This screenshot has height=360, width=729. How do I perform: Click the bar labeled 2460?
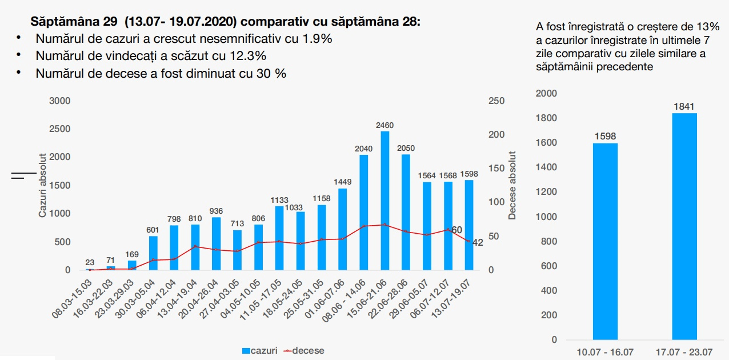click(384, 201)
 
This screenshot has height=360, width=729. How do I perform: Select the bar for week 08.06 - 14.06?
click(363, 212)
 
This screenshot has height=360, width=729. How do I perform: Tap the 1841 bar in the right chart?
click(684, 226)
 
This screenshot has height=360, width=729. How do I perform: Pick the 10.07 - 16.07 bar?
click(606, 241)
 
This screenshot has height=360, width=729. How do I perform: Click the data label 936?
click(216, 211)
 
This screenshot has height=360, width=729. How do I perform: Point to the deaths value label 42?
click(478, 242)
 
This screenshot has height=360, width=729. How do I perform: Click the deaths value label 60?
click(456, 230)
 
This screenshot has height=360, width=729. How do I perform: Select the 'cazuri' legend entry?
click(260, 350)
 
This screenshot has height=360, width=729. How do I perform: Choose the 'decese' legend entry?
click(304, 350)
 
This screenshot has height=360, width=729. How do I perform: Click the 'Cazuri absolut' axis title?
click(42, 185)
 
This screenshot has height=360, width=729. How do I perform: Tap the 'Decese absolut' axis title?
click(512, 185)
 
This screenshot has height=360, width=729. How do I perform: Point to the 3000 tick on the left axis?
click(59, 101)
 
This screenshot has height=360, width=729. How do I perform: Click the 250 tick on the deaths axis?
click(496, 101)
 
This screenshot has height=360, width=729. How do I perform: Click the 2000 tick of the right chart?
click(546, 93)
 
